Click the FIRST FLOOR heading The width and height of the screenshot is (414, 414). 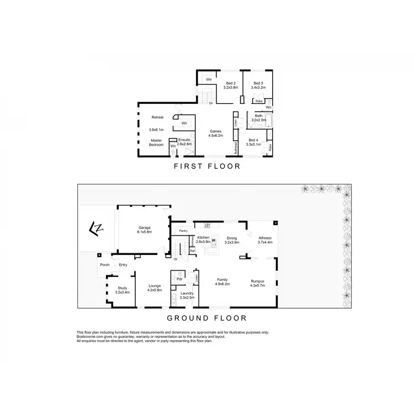(x=206, y=166)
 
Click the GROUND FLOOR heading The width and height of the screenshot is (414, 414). (x=206, y=318)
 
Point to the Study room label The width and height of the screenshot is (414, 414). (x=123, y=289)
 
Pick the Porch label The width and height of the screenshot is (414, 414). (x=104, y=265)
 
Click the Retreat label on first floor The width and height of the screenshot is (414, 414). (x=157, y=118)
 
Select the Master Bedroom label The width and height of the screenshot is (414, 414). (x=157, y=143)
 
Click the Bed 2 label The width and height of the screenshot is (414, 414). (x=230, y=85)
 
